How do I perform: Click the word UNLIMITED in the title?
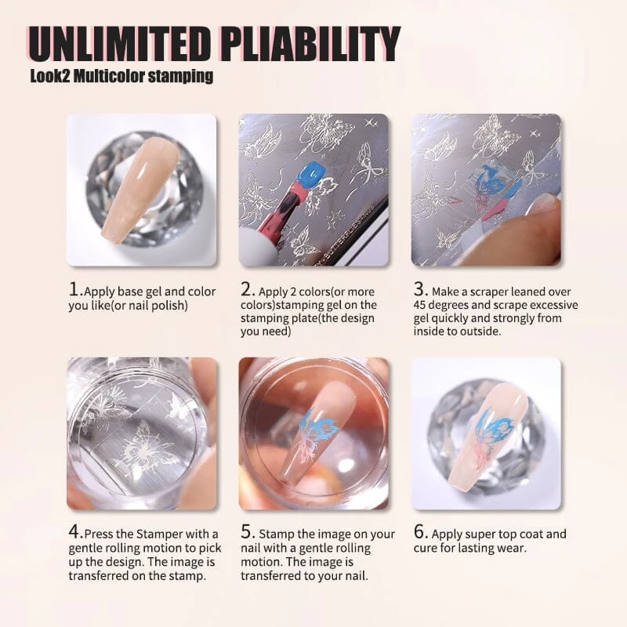pyautogui.click(x=119, y=45)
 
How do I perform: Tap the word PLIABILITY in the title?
pyautogui.click(x=310, y=45)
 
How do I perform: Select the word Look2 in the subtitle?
pyautogui.click(x=50, y=76)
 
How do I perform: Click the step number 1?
pyautogui.click(x=74, y=289)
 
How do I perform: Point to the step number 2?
pyautogui.click(x=246, y=289)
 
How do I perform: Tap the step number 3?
pyautogui.click(x=419, y=289)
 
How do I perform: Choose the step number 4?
pyautogui.click(x=74, y=532)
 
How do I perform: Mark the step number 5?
pyautogui.click(x=246, y=532)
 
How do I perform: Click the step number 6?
pyautogui.click(x=419, y=532)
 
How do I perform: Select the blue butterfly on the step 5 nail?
pyautogui.click(x=319, y=426)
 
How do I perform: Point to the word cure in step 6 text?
pyautogui.click(x=425, y=548)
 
